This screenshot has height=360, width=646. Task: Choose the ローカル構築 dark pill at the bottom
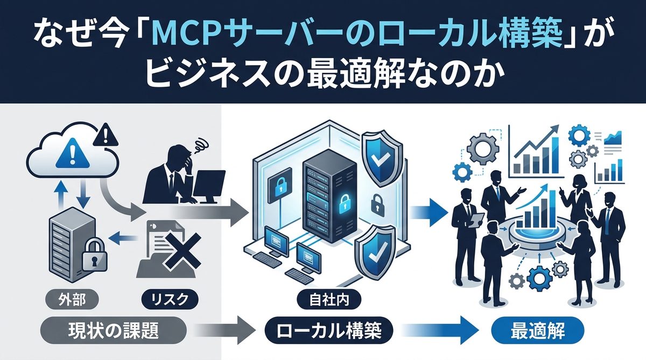329,329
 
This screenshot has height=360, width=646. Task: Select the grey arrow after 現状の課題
221,329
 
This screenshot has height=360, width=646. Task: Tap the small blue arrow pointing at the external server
119,235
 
